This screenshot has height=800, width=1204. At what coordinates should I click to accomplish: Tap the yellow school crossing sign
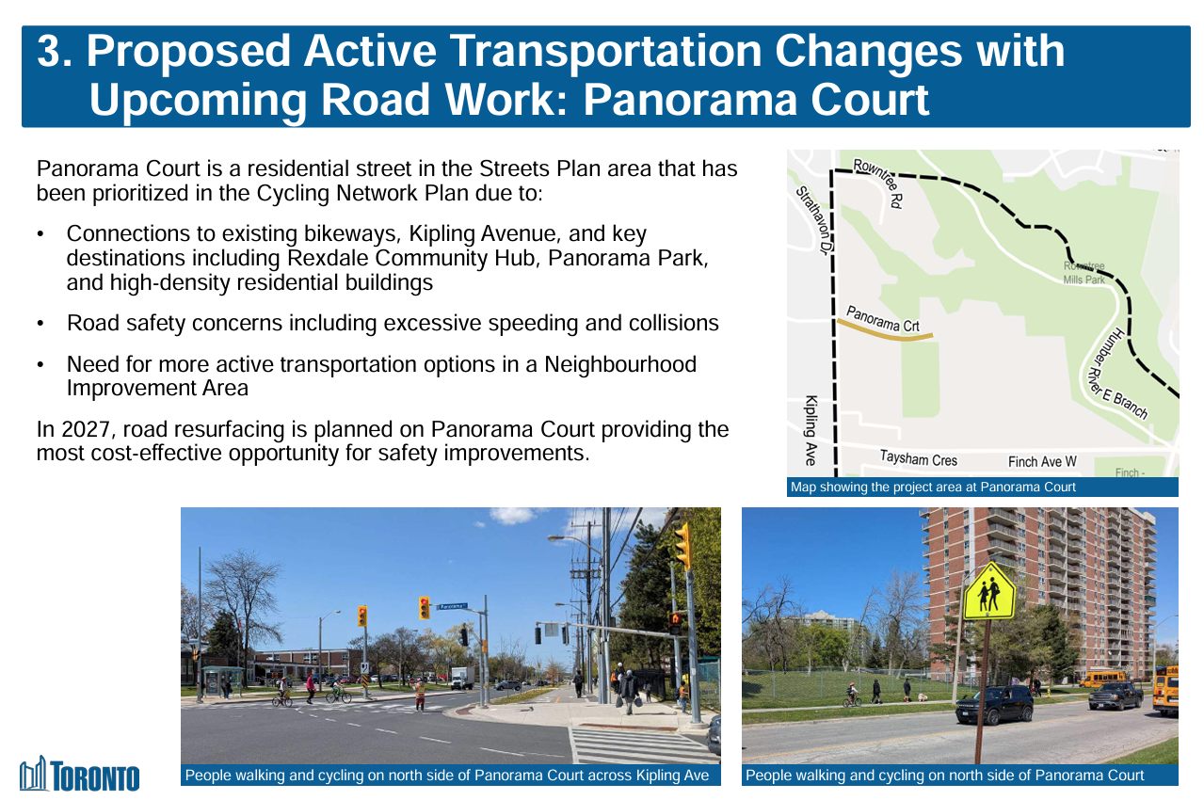coord(989,591)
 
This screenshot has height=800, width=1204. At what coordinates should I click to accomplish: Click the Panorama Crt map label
coord(883,319)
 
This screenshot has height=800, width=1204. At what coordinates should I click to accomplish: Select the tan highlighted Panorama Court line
coord(885,331)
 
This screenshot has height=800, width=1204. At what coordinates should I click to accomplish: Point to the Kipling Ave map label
coord(811,430)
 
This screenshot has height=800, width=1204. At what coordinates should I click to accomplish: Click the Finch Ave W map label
coord(1042,461)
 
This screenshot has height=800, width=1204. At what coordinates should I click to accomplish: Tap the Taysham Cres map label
coord(919,458)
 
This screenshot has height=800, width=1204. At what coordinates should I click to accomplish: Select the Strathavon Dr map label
coord(814,219)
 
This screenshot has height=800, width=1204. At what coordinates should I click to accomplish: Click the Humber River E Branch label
coord(1116,375)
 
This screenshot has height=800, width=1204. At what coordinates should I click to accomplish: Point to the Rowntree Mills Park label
coord(1084,272)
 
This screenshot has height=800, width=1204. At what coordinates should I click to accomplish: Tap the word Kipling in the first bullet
coord(441,233)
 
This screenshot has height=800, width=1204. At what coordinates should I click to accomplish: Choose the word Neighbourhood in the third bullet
coord(620,364)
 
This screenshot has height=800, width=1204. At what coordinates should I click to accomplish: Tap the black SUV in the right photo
coord(994,704)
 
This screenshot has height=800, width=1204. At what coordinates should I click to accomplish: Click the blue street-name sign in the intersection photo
coord(453,606)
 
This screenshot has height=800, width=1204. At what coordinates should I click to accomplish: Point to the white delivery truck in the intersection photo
coord(462,678)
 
